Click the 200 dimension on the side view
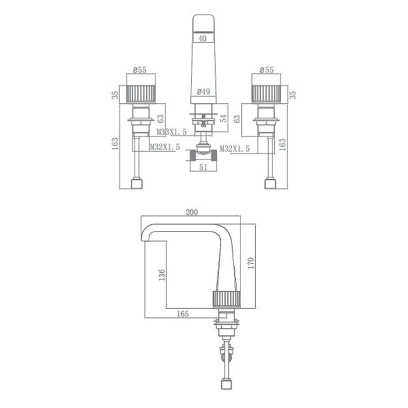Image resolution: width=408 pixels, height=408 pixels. (192, 212)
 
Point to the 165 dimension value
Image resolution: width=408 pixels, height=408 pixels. (182, 313)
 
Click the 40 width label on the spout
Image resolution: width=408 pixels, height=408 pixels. (202, 39)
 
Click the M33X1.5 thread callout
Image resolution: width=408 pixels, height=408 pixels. (171, 131)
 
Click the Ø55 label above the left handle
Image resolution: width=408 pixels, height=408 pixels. (140, 70)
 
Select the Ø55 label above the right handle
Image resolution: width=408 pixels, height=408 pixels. (266, 70)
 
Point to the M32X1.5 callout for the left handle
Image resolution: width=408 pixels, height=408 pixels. (165, 147)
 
